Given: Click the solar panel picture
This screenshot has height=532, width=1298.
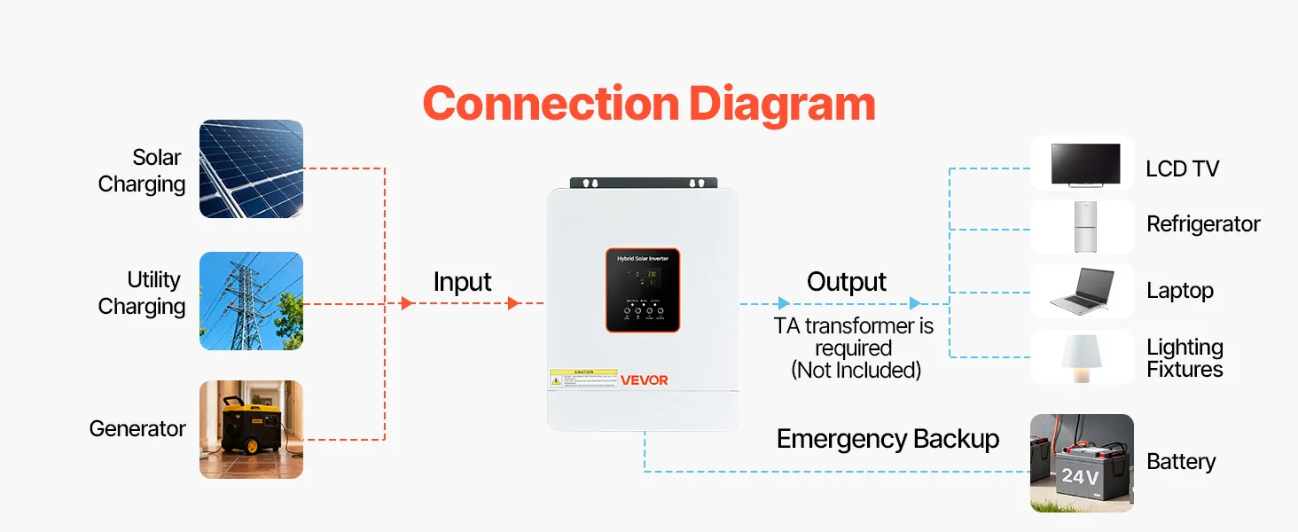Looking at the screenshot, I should (x=251, y=169).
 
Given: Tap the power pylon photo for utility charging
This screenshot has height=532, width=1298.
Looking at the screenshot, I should (x=251, y=301).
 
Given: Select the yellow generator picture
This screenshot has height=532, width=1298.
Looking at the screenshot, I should (x=251, y=429).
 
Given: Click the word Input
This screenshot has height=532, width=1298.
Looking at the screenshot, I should (x=462, y=282).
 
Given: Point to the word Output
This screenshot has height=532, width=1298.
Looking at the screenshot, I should (x=847, y=282).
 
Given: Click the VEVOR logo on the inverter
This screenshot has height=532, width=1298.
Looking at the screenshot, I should (x=645, y=380).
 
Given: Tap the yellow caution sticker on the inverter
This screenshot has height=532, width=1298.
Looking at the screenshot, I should (x=583, y=379).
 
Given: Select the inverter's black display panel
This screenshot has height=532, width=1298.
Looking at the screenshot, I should (x=643, y=290).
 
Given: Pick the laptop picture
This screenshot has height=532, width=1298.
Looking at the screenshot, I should (x=1082, y=292).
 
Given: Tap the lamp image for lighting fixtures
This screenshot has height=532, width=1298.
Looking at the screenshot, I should (x=1082, y=356).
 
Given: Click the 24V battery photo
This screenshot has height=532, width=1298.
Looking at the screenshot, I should (x=1082, y=463).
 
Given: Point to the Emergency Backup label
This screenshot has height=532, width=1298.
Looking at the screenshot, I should (x=887, y=439).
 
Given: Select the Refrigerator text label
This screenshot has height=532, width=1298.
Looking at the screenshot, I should (x=1203, y=224).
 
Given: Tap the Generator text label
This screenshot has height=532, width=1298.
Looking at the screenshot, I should (x=137, y=429).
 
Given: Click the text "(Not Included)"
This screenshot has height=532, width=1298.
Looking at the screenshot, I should (x=856, y=371).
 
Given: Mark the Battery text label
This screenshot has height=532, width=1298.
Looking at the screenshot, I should (x=1181, y=462).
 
